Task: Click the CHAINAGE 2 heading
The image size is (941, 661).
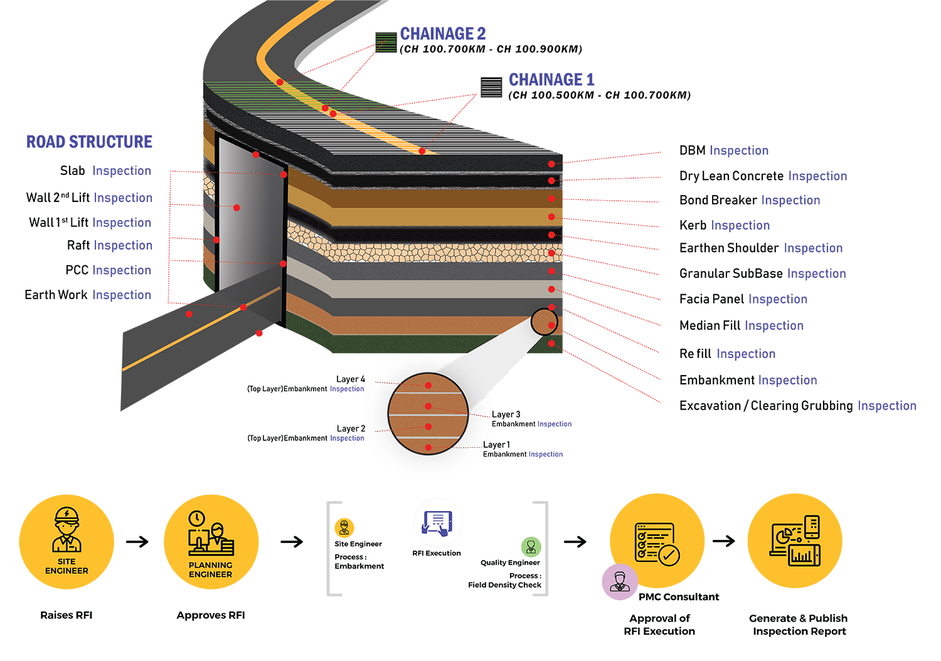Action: pos(443,34)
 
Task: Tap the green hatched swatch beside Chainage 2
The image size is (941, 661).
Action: pos(386,43)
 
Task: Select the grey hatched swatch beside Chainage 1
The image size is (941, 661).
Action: pos(491,87)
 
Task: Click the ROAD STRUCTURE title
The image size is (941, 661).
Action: pos(89,142)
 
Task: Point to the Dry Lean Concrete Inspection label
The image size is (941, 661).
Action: pos(763,176)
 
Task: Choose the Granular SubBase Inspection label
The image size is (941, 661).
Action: pos(762,273)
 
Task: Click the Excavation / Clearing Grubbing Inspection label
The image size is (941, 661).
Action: pos(798,406)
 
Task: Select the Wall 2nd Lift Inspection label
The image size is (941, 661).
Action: pos(89,198)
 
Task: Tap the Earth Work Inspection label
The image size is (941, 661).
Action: pos(88,295)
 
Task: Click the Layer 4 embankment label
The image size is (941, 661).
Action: pos(306,384)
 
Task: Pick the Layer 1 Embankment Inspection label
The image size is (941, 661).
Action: pos(523,450)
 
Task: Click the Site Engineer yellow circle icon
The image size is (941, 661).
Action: pos(66,542)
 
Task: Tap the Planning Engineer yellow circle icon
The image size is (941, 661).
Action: pos(211,542)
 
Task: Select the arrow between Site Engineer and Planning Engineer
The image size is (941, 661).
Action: pos(137,542)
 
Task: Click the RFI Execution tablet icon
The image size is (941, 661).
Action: pos(438,523)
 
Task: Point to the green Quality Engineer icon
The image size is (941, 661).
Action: pos(531,547)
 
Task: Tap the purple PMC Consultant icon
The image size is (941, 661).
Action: pos(620,582)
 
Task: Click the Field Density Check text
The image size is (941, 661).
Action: pos(504,585)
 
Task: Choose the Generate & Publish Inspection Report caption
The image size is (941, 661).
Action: pos(798,625)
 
